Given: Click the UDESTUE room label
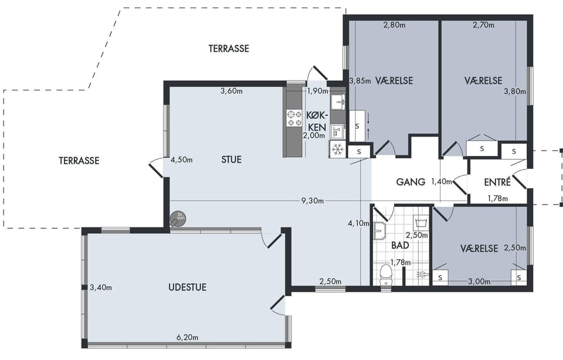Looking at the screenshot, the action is [x=188, y=287].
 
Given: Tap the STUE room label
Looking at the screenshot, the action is [x=231, y=159].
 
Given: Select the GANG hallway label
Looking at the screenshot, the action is [x=411, y=182].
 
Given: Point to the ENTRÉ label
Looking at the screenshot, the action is [x=497, y=182].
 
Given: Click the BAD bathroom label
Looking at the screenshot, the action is [x=400, y=246].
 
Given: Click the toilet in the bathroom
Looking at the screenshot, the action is [x=386, y=275].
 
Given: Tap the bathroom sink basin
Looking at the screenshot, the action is [x=379, y=230].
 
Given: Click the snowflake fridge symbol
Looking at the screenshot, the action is [x=337, y=149].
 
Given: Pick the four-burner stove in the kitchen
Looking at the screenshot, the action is [x=294, y=118].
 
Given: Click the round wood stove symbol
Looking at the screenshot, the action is [x=178, y=218].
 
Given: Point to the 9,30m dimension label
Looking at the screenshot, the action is [x=313, y=201].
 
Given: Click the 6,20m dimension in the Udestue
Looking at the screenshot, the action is [x=188, y=337].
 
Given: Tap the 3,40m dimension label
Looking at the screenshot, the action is [x=101, y=287].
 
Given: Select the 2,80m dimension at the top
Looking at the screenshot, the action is [x=394, y=25].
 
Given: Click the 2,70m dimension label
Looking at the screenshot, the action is [x=483, y=25].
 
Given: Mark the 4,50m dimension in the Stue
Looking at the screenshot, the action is [x=181, y=159].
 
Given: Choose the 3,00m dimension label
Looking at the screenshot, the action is [x=479, y=282].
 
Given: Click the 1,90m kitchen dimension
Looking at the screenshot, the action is [x=318, y=91].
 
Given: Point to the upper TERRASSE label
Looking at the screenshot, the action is [x=229, y=49].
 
